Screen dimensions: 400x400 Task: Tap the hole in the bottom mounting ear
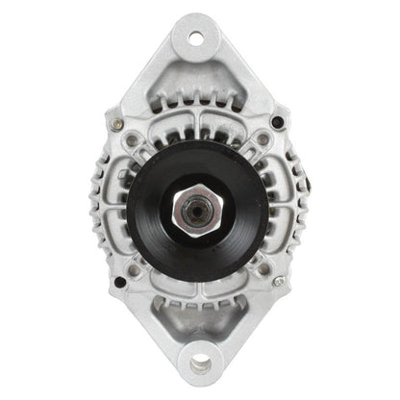[200, 363]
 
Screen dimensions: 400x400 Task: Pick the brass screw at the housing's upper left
[116, 123]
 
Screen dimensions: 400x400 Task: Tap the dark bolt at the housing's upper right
[278, 122]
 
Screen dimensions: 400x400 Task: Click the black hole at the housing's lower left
[119, 282]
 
